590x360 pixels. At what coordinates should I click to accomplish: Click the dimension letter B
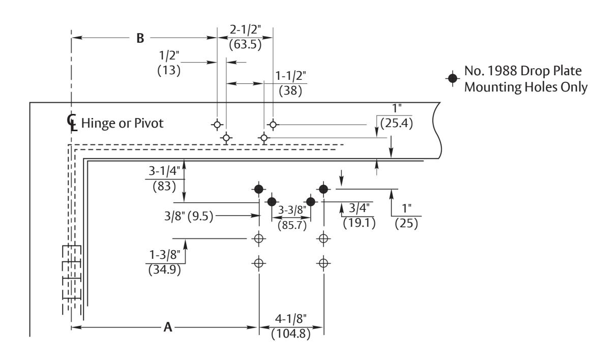pyautogui.click(x=140, y=38)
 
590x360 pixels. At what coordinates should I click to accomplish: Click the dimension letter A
pyautogui.click(x=168, y=327)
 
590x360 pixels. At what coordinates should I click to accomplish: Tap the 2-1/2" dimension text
pyautogui.click(x=245, y=29)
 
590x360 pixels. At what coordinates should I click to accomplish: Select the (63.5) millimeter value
pyautogui.click(x=245, y=44)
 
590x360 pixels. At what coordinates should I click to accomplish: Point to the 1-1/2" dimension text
pyautogui.click(x=290, y=76)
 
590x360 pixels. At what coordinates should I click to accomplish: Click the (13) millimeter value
pyautogui.click(x=169, y=70)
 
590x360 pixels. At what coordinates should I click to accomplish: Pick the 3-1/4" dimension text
pyautogui.click(x=164, y=171)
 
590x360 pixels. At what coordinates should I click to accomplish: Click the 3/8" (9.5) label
pyautogui.click(x=189, y=216)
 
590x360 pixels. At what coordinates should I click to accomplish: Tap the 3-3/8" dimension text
pyautogui.click(x=292, y=210)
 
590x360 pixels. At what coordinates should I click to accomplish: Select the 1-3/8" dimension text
pyautogui.click(x=165, y=255)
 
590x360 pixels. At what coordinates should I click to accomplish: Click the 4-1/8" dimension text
pyautogui.click(x=291, y=319)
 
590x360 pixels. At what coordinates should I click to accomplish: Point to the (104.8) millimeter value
pyautogui.click(x=291, y=334)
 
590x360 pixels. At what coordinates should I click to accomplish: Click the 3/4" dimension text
pyautogui.click(x=359, y=207)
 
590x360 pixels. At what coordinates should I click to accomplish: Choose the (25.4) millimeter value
pyautogui.click(x=397, y=123)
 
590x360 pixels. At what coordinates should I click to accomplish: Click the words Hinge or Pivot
pyautogui.click(x=122, y=124)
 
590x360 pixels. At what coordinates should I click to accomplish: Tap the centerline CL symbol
pyautogui.click(x=72, y=122)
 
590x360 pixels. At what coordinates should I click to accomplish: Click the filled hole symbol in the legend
pyautogui.click(x=453, y=78)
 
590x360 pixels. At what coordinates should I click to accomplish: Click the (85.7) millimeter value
pyautogui.click(x=292, y=225)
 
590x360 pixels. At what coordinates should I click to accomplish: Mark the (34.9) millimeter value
pyautogui.click(x=165, y=269)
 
